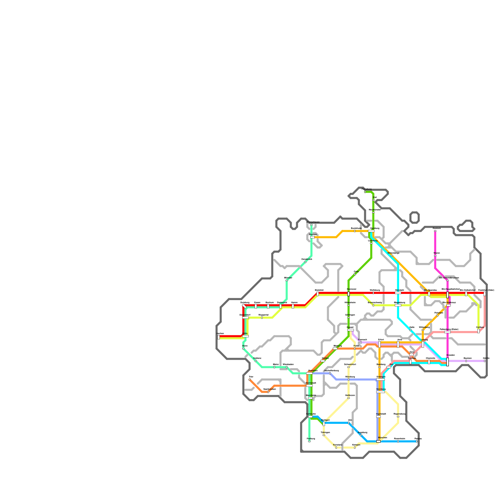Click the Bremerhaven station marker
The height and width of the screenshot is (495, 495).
pyautogui.click(x=311, y=225)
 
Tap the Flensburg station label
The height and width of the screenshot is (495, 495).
pyautogui.click(x=367, y=189)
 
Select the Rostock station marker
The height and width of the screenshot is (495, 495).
pyautogui.click(x=435, y=231)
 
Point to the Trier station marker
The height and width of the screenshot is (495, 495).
pyautogui.click(x=249, y=379)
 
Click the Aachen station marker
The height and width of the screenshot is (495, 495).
pyautogui.click(x=219, y=337)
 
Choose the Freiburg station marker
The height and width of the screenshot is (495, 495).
pyautogui.click(x=309, y=441)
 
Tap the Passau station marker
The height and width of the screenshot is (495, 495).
pyautogui.click(x=416, y=441)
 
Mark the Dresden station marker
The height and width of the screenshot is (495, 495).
pyautogui.click(x=447, y=362)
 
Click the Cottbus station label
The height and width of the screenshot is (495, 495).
pyautogui.click(x=480, y=327)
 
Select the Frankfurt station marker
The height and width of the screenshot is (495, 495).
pyautogui.click(x=309, y=373)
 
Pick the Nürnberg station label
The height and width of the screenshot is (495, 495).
pyautogui.click(x=381, y=389)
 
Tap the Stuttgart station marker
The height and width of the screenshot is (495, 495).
pyautogui.click(x=324, y=424)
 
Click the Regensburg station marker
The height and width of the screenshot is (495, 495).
pyautogui.click(x=398, y=416)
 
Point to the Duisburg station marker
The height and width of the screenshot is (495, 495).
pyautogui.click(x=244, y=306)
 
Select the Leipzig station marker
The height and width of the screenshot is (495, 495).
pyautogui.click(x=423, y=344)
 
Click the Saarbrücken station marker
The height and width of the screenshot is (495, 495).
pyautogui.click(x=268, y=392)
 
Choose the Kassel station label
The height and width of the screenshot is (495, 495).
pyautogui.click(x=350, y=327)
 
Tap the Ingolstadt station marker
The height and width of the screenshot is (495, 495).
pyautogui.click(x=378, y=416)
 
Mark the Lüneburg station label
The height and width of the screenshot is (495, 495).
pyautogui.click(x=372, y=240)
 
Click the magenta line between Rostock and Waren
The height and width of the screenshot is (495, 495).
pyautogui.click(x=435, y=243)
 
